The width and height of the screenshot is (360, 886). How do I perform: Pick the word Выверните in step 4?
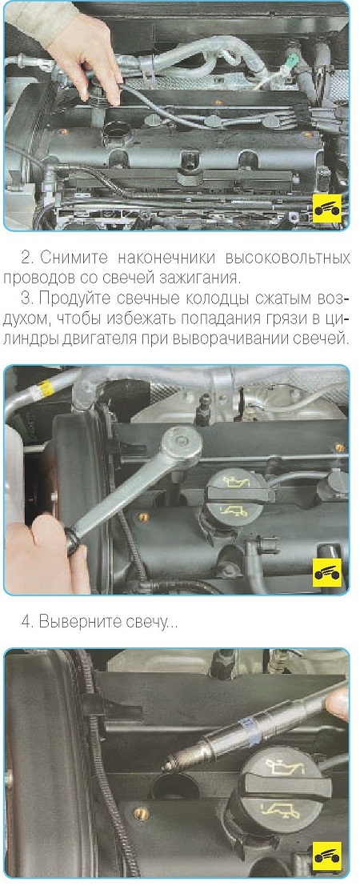[x=80, y=623]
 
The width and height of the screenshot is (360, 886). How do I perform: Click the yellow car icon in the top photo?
[x=328, y=210]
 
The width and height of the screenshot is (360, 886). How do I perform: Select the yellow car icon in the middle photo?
[x=328, y=571]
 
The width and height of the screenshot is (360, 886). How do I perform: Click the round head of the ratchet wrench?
[x=182, y=443]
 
